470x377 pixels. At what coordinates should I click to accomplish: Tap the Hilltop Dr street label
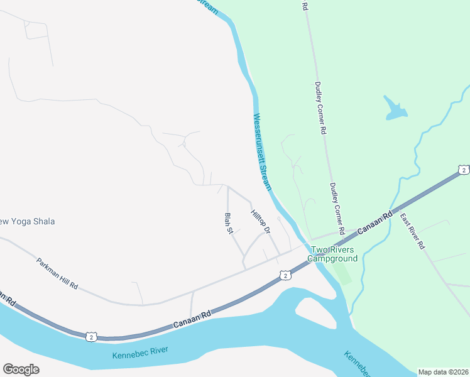coord(260,222)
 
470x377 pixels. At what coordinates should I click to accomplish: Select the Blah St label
coord(229,223)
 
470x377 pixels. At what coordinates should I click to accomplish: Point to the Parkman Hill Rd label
coord(57,273)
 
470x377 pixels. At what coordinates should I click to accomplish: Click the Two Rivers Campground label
coord(332,254)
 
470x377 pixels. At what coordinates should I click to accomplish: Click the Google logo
coord(21,369)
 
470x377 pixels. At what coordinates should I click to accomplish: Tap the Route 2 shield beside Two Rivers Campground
coord(285,275)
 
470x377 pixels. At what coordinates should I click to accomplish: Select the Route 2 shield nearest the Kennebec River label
coord(92,337)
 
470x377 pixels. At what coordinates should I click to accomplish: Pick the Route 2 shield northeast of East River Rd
coord(463,170)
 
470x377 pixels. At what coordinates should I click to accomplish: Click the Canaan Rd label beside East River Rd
coord(375,222)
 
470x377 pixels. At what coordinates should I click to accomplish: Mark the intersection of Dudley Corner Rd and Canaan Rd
coord(345,236)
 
